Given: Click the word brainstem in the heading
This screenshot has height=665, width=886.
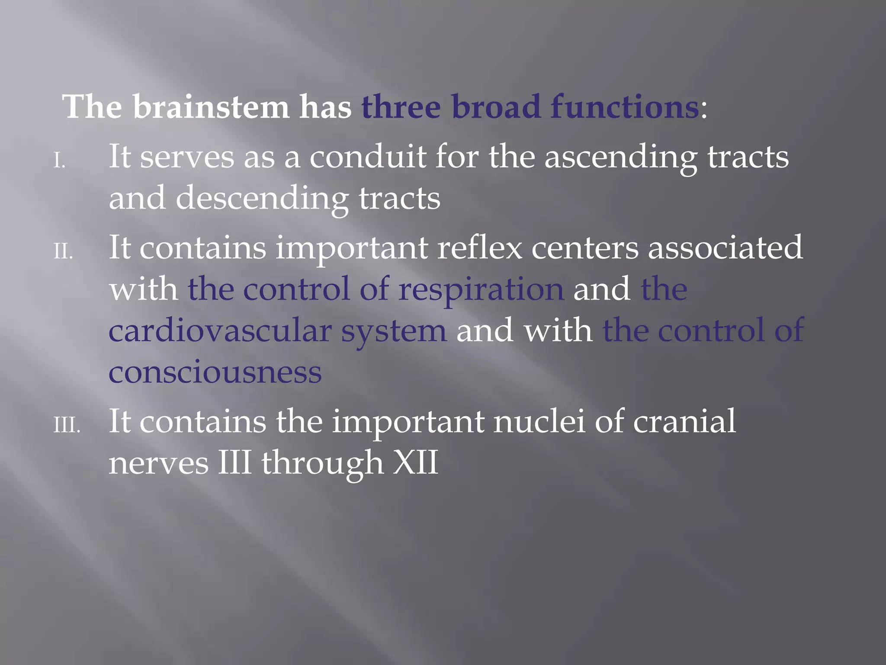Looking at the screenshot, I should coord(211,107).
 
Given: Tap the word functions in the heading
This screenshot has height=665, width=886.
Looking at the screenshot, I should coord(624,107).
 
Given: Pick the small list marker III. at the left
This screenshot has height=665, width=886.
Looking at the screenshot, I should coord(67,425).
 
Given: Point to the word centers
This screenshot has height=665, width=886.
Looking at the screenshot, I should coord(584,248).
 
